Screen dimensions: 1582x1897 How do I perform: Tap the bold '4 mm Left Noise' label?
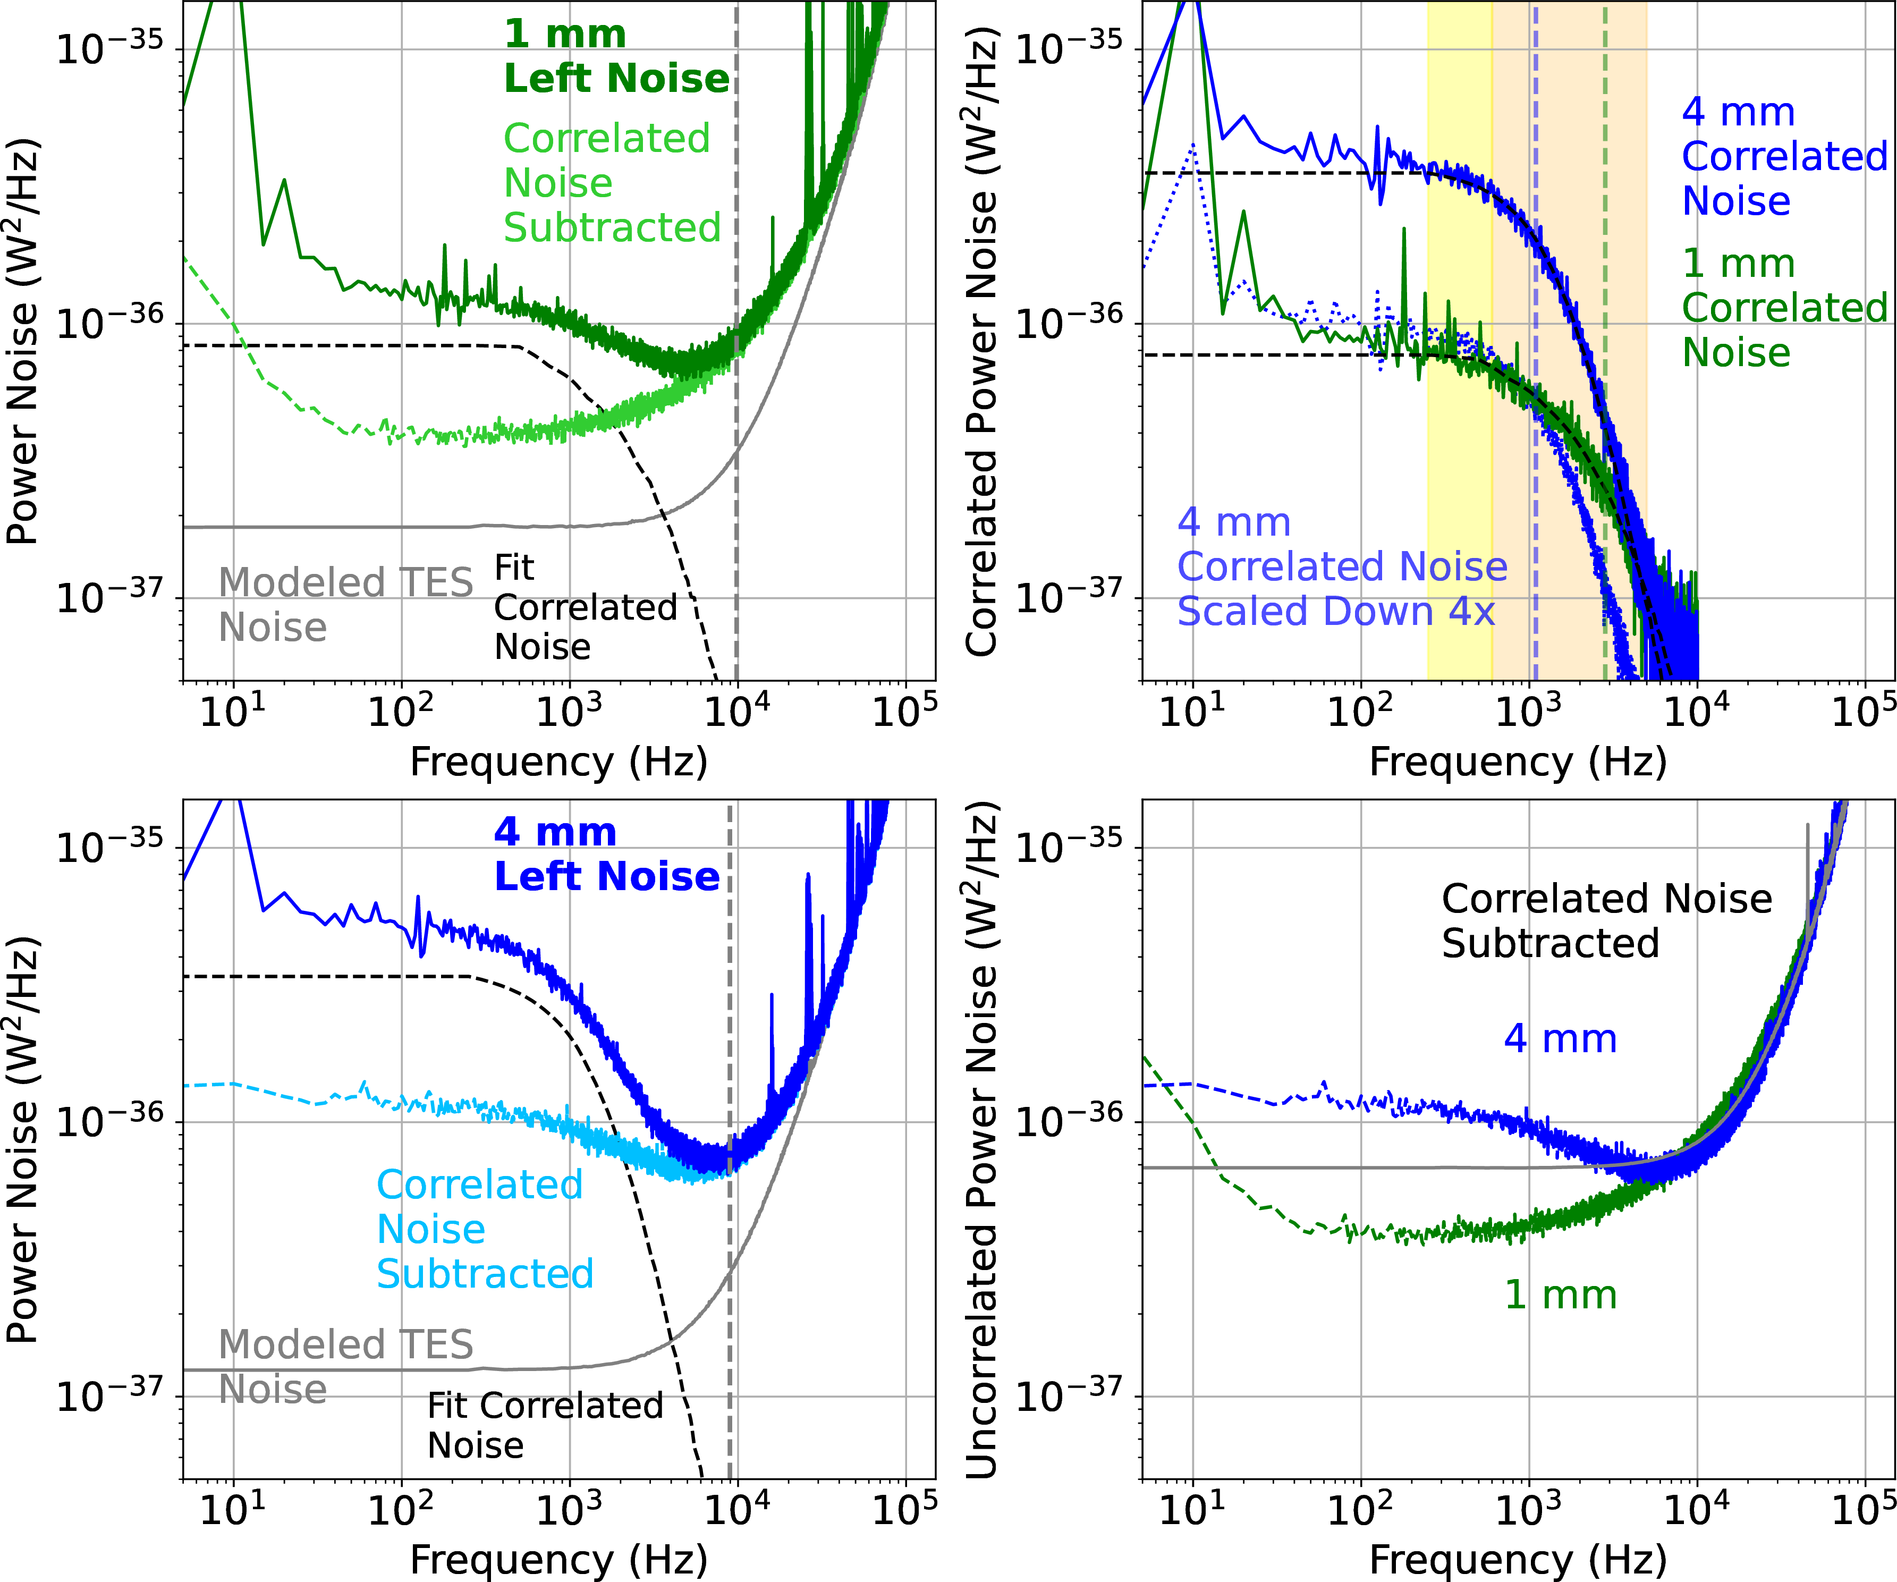606,854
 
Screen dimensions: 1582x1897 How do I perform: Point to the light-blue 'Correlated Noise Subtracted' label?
484,1229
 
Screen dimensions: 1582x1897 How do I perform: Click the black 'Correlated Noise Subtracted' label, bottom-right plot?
1606,920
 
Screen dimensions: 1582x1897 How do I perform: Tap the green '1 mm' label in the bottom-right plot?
1560,1295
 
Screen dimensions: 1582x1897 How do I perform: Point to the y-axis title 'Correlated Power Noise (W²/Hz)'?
982,342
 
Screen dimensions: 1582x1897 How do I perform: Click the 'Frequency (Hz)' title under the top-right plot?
1518,762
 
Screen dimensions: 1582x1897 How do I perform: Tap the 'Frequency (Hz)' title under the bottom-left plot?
558,1559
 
